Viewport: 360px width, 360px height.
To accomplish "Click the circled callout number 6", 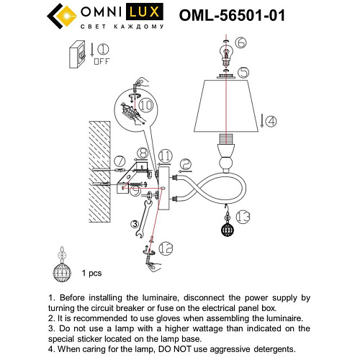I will click(x=240, y=43).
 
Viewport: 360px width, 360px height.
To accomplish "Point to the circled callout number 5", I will click(x=243, y=72).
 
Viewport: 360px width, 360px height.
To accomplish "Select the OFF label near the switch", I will click(x=101, y=62).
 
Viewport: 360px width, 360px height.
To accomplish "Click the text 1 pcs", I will click(x=93, y=274).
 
